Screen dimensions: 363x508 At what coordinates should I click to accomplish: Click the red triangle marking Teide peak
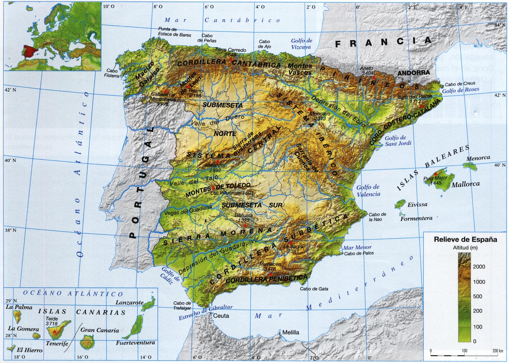55,332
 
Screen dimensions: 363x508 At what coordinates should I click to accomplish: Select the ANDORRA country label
413,73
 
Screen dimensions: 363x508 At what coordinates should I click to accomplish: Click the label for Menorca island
478,158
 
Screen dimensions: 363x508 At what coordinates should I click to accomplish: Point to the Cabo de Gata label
314,289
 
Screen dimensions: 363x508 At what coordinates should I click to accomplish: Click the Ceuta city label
221,316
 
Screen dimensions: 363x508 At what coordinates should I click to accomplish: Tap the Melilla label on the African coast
291,333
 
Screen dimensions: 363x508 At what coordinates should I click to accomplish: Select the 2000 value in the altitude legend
479,267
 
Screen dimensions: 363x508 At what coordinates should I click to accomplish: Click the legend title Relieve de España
465,240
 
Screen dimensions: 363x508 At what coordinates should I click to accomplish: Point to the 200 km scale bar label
498,351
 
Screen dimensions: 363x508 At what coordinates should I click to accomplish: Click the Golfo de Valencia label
368,191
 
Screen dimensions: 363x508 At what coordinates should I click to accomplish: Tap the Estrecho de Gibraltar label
206,313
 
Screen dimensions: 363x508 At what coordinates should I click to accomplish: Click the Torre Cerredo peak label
231,50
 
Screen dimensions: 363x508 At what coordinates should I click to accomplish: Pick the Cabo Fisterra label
112,73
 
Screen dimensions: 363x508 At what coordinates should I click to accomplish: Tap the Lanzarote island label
129,303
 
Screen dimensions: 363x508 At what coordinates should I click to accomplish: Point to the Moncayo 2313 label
320,116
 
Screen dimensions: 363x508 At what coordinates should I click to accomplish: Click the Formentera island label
416,219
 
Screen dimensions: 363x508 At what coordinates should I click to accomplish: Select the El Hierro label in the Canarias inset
30,350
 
